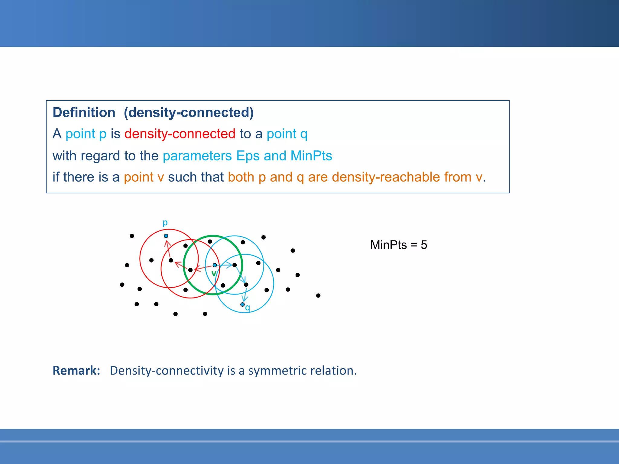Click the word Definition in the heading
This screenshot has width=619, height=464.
(84, 113)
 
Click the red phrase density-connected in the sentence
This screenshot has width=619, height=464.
(180, 134)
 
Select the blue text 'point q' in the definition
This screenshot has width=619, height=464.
(287, 134)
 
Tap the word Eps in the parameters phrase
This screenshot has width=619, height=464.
(248, 156)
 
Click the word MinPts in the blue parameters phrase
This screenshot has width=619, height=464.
(311, 156)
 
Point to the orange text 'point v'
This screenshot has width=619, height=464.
(144, 177)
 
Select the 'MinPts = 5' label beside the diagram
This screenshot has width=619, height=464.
(398, 245)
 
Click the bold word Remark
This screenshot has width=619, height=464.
(76, 371)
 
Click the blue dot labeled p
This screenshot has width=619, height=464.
(166, 236)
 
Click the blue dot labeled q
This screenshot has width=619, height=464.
(242, 304)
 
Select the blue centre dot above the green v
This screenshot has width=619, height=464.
(215, 265)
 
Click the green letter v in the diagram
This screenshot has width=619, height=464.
(214, 274)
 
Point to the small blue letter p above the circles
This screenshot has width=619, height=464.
(165, 223)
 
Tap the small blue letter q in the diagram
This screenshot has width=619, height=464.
(248, 308)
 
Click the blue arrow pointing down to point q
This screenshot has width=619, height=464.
(245, 295)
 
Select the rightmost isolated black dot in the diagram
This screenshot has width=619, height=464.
(318, 295)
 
